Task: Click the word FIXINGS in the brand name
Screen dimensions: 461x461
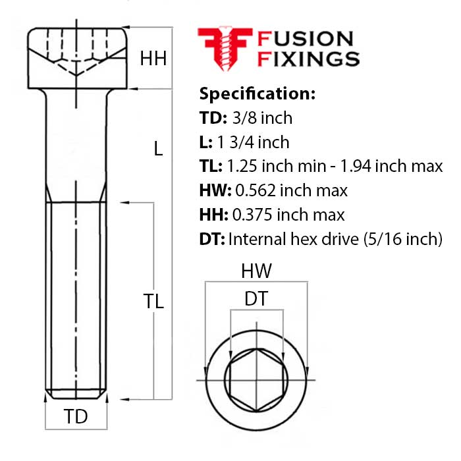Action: pos(308,59)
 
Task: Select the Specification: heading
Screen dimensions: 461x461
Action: pos(257,93)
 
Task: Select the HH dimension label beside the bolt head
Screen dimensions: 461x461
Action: pos(153,59)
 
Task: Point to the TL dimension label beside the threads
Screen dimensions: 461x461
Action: pos(153,302)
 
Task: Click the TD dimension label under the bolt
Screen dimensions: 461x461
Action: pos(76,417)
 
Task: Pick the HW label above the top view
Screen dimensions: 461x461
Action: pos(256,271)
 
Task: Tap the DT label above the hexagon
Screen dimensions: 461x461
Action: pos(256,299)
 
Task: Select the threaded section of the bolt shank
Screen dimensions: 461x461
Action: pos(76,296)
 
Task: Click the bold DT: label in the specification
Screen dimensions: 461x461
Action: pos(211,239)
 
